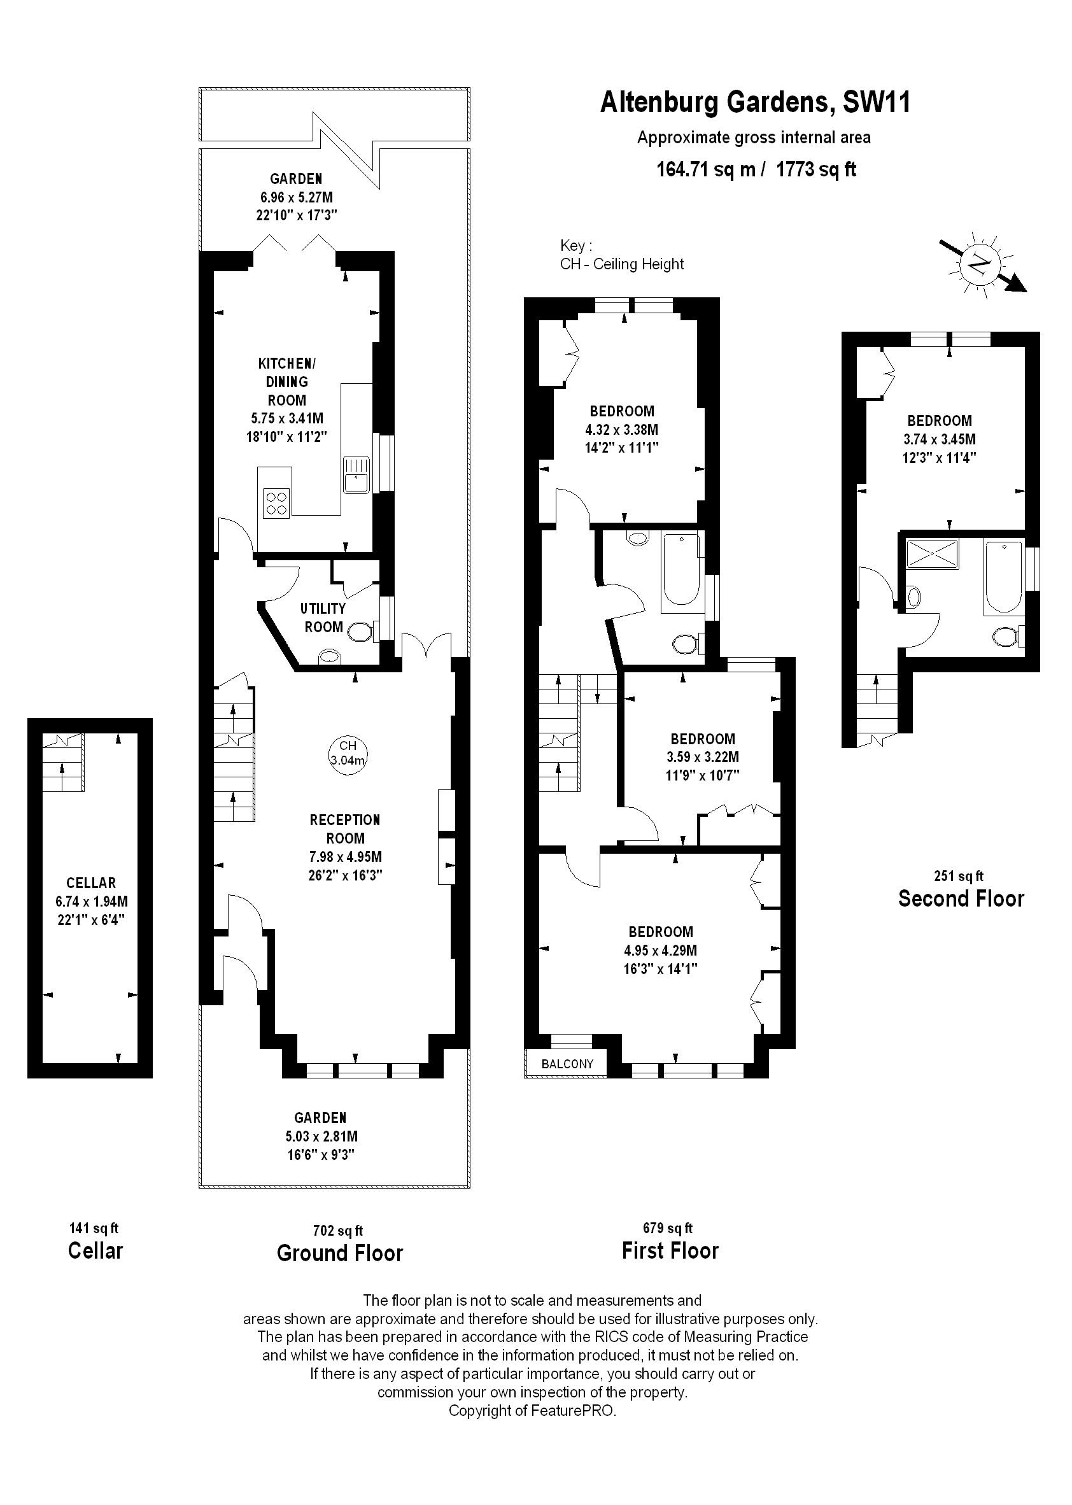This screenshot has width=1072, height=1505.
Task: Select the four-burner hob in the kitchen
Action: point(276,503)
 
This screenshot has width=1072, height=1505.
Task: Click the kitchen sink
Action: point(357,474)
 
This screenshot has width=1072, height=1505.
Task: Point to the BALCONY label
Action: point(567,1064)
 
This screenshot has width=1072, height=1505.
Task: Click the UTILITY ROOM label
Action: point(323,617)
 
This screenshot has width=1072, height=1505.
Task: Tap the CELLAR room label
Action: point(91,883)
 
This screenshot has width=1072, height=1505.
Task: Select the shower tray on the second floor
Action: point(932,554)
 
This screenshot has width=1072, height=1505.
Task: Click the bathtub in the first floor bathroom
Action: point(681,569)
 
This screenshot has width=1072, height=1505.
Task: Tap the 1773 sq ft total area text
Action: point(816,169)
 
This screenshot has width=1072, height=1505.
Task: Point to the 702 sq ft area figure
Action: point(338,1231)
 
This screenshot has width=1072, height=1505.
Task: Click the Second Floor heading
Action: point(961,898)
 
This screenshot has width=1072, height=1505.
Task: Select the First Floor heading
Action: point(670,1251)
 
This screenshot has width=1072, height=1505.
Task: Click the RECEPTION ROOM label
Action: point(345,829)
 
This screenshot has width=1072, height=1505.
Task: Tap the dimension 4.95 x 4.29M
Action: point(661,950)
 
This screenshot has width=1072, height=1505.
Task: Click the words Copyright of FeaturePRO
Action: point(532,1411)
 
